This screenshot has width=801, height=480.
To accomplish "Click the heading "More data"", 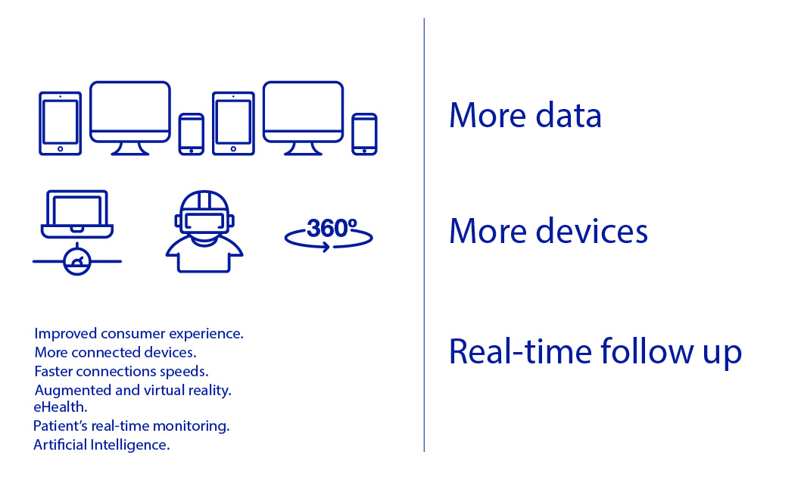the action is point(525,115).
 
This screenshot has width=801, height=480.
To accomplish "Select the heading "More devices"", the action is point(548,231).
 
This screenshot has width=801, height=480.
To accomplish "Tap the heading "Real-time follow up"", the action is point(595,352).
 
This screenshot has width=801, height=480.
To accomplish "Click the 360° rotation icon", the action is point(329,235).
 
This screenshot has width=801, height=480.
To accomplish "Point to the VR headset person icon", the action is point(204,232).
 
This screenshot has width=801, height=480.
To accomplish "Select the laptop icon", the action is point(77,214).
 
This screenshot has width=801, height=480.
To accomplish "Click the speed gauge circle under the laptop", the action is point(77,261).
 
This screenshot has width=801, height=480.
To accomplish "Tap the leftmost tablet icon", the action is point(61,123).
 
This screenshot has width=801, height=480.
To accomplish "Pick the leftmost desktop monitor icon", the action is point(130,118).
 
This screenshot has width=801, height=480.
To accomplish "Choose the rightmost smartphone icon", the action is point(364,134).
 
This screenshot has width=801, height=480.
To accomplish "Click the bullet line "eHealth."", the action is point(61,407).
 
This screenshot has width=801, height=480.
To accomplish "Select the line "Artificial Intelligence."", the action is point(101,444).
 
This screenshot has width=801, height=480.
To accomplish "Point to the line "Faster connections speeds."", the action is point(121,371).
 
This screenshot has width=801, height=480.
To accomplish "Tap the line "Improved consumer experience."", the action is point(139,333).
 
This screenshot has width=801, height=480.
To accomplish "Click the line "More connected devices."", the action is point(115,352).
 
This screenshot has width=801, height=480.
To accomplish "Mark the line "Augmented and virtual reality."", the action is point(132,390).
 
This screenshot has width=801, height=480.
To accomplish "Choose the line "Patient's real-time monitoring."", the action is point(131,426).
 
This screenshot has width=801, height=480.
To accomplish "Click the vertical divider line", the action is point(424,235).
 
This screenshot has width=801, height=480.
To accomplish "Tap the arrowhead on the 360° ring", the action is point(326,247).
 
